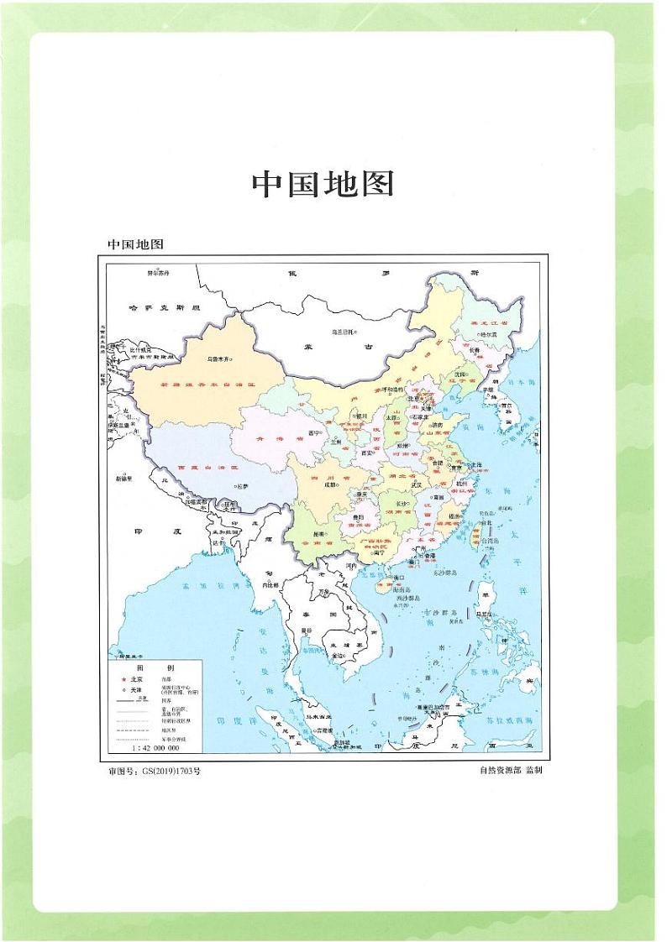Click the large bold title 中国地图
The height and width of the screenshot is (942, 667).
click(323, 185)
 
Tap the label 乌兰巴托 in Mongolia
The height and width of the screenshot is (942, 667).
click(341, 332)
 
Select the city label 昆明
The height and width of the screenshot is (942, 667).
click(318, 534)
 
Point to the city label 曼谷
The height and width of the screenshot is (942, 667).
click(307, 629)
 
